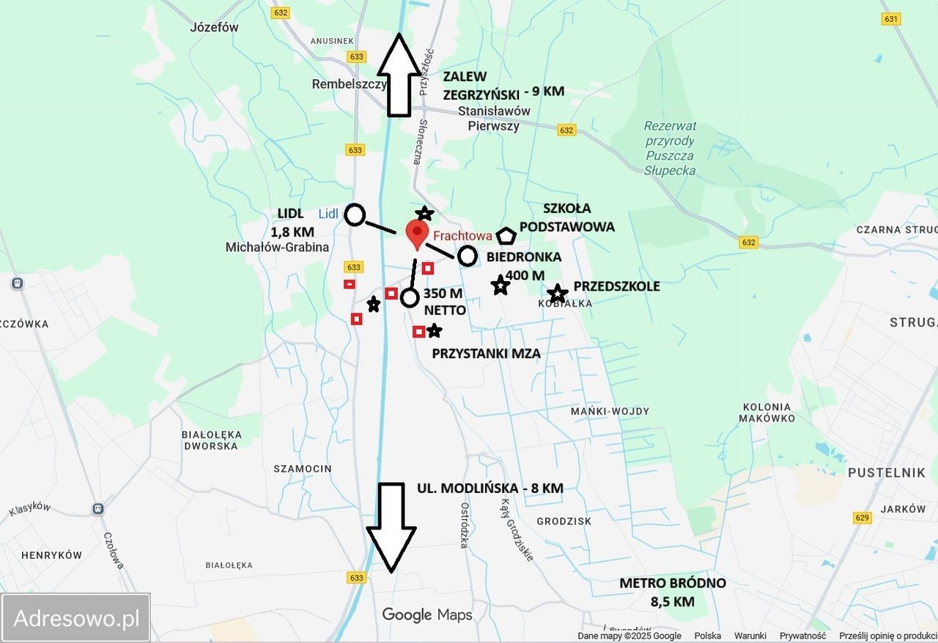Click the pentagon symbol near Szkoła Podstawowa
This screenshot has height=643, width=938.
pos(506,237)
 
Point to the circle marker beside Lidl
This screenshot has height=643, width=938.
pos(355,215)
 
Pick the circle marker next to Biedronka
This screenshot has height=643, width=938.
pos(468,256)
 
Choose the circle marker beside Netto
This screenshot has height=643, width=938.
pos(410,297)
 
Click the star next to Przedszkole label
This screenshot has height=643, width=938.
pos(558,294)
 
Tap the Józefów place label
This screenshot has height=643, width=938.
pos(214,28)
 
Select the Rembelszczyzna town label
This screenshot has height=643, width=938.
pos(349,84)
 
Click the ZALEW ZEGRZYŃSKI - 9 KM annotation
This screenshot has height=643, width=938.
pos(503,86)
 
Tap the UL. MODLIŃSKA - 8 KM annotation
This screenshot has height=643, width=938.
pos(490,488)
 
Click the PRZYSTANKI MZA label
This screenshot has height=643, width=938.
pos(486,354)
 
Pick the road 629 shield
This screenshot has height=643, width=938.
pos(863,518)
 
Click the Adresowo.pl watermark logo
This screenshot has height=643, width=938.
pos(76,618)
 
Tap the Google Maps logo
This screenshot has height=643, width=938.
pos(426,614)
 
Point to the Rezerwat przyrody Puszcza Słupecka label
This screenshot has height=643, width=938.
pos(671,149)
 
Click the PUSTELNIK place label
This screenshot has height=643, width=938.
pos(886,473)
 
